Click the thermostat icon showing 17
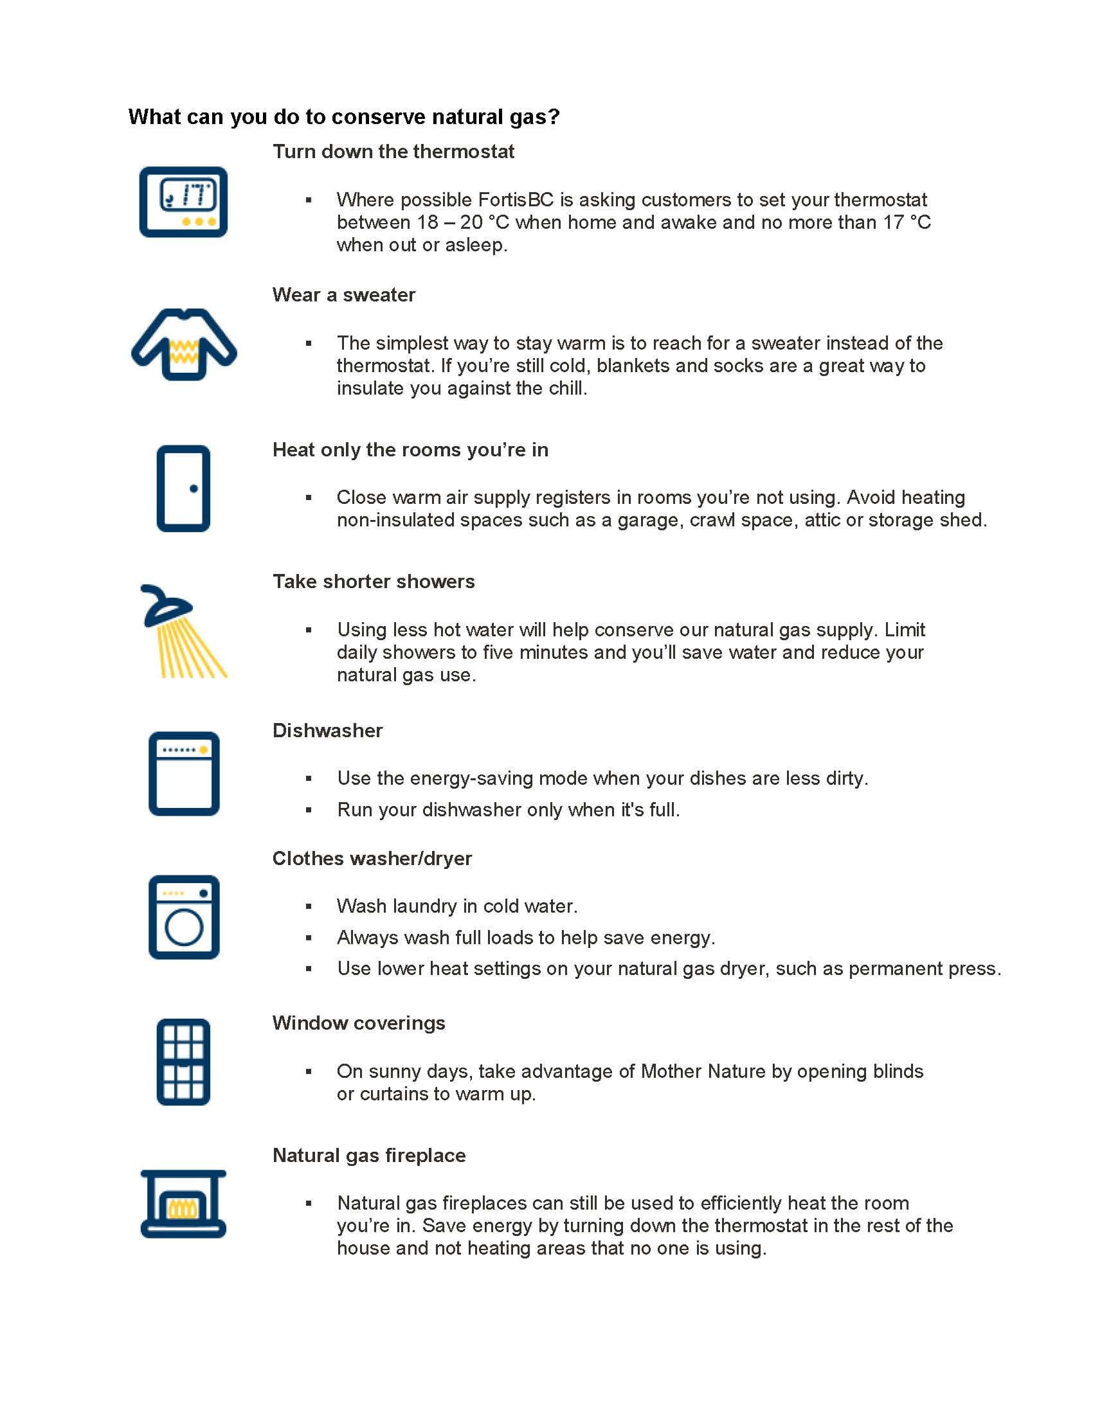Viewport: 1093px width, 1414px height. tap(183, 202)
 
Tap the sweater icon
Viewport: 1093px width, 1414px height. tap(184, 345)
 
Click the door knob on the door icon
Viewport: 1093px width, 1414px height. tap(194, 489)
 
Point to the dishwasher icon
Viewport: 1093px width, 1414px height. tap(184, 774)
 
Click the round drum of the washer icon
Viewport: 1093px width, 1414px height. tap(184, 927)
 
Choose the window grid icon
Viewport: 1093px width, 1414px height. tap(183, 1062)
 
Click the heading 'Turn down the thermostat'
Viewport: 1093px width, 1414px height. tap(393, 152)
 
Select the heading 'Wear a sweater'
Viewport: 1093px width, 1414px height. tap(344, 295)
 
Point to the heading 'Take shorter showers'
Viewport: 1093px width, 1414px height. tap(374, 582)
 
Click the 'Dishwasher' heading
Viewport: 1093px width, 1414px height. tap(328, 731)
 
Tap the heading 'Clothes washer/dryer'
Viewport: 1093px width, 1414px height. tap(372, 859)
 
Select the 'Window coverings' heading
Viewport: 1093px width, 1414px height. tap(359, 1023)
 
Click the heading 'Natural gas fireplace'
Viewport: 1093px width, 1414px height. tap(369, 1156)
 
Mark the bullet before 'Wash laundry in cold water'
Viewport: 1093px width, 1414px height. tap(309, 906)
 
